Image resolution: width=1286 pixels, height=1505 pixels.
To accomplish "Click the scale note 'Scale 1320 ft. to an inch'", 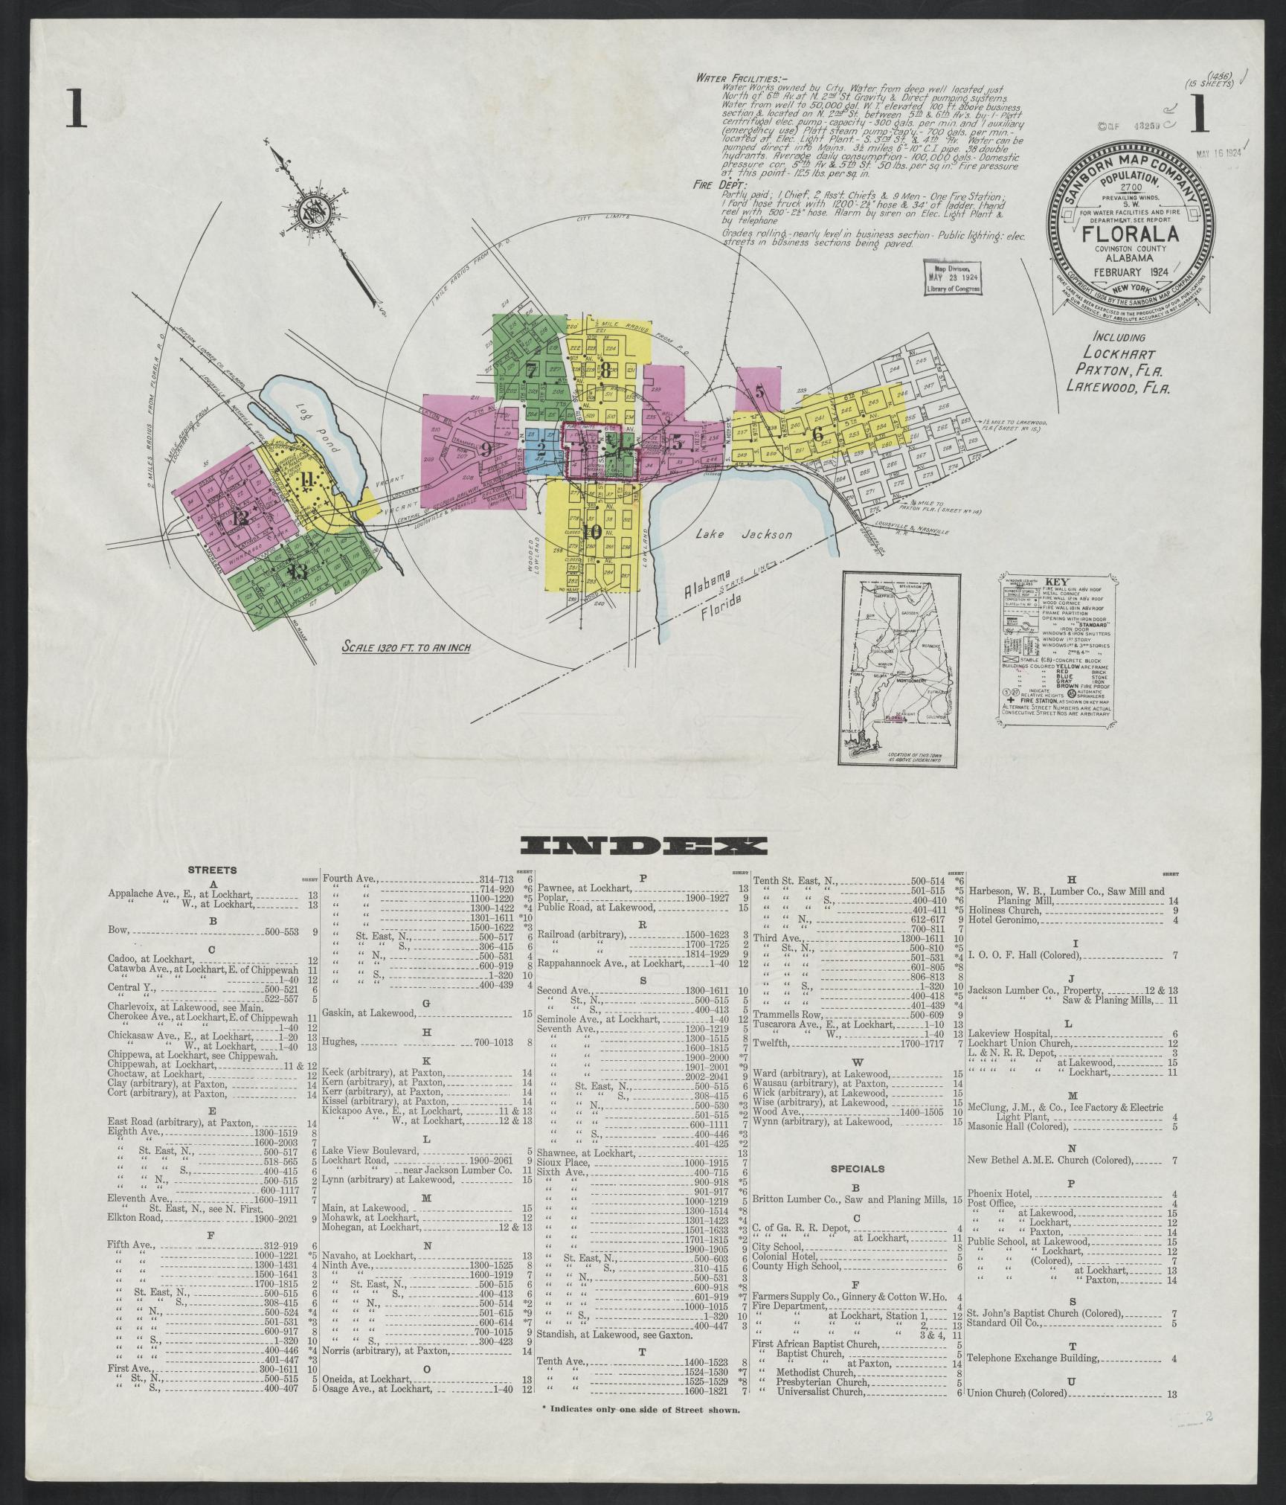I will coord(407,646).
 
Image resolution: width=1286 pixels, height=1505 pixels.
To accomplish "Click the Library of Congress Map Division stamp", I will coord(952,279).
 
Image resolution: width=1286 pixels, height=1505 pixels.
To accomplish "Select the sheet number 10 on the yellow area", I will coord(592,531).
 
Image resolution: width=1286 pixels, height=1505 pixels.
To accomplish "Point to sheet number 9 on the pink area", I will coord(485,449).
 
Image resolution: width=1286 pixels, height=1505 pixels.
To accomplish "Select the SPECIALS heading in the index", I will coord(856,1169).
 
